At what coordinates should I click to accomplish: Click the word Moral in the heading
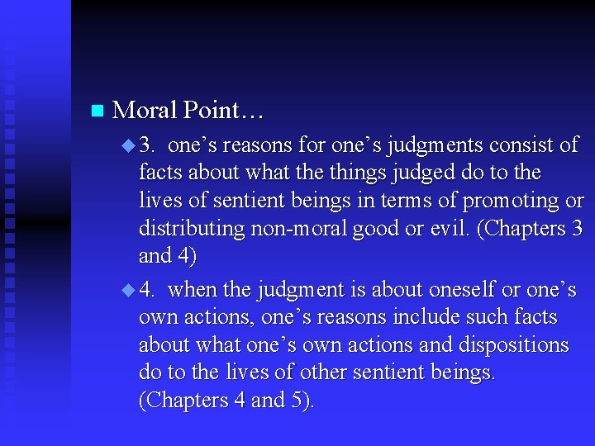click(144, 110)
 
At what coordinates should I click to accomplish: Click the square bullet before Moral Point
click(97, 110)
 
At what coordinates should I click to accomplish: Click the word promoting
click(510, 201)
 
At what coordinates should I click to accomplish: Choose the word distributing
click(188, 229)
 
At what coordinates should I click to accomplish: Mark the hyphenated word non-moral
click(298, 229)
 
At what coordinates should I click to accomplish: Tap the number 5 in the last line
click(297, 401)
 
